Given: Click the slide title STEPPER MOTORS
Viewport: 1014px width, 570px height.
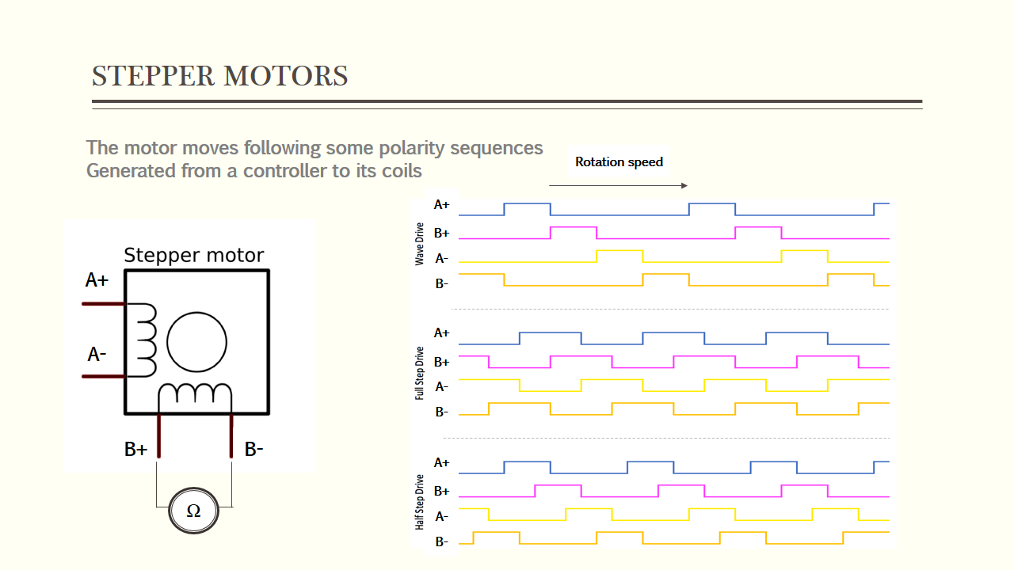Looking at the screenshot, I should point(220,77).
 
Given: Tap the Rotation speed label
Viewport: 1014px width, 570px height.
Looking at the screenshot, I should point(619,162).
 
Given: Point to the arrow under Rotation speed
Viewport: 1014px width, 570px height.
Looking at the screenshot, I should point(618,186).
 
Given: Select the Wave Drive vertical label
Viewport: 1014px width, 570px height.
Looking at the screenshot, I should point(420,243).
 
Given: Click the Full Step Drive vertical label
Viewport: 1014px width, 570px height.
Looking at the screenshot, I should point(420,372).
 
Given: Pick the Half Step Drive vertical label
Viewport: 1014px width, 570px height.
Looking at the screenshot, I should point(420,501).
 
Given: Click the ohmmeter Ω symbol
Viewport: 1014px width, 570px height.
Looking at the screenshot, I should point(193,511).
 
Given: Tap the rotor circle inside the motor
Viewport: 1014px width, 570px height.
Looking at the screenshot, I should point(197,343).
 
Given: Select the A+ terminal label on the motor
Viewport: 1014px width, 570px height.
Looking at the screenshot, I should point(97,280).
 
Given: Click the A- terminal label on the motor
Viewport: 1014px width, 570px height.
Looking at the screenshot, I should point(97,355).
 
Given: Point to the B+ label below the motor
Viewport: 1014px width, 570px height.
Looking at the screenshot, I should point(136,450).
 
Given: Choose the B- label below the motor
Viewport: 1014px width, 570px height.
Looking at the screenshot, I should point(253,450).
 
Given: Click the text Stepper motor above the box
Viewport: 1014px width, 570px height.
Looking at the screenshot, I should point(194,256).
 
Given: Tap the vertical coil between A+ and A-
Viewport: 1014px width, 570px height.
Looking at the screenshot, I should point(147,340).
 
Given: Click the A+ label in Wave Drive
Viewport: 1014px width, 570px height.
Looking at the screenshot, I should point(441,204).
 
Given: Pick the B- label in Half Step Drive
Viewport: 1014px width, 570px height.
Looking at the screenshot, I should point(441,542).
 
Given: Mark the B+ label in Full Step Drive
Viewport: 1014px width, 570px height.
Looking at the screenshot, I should point(441,362).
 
